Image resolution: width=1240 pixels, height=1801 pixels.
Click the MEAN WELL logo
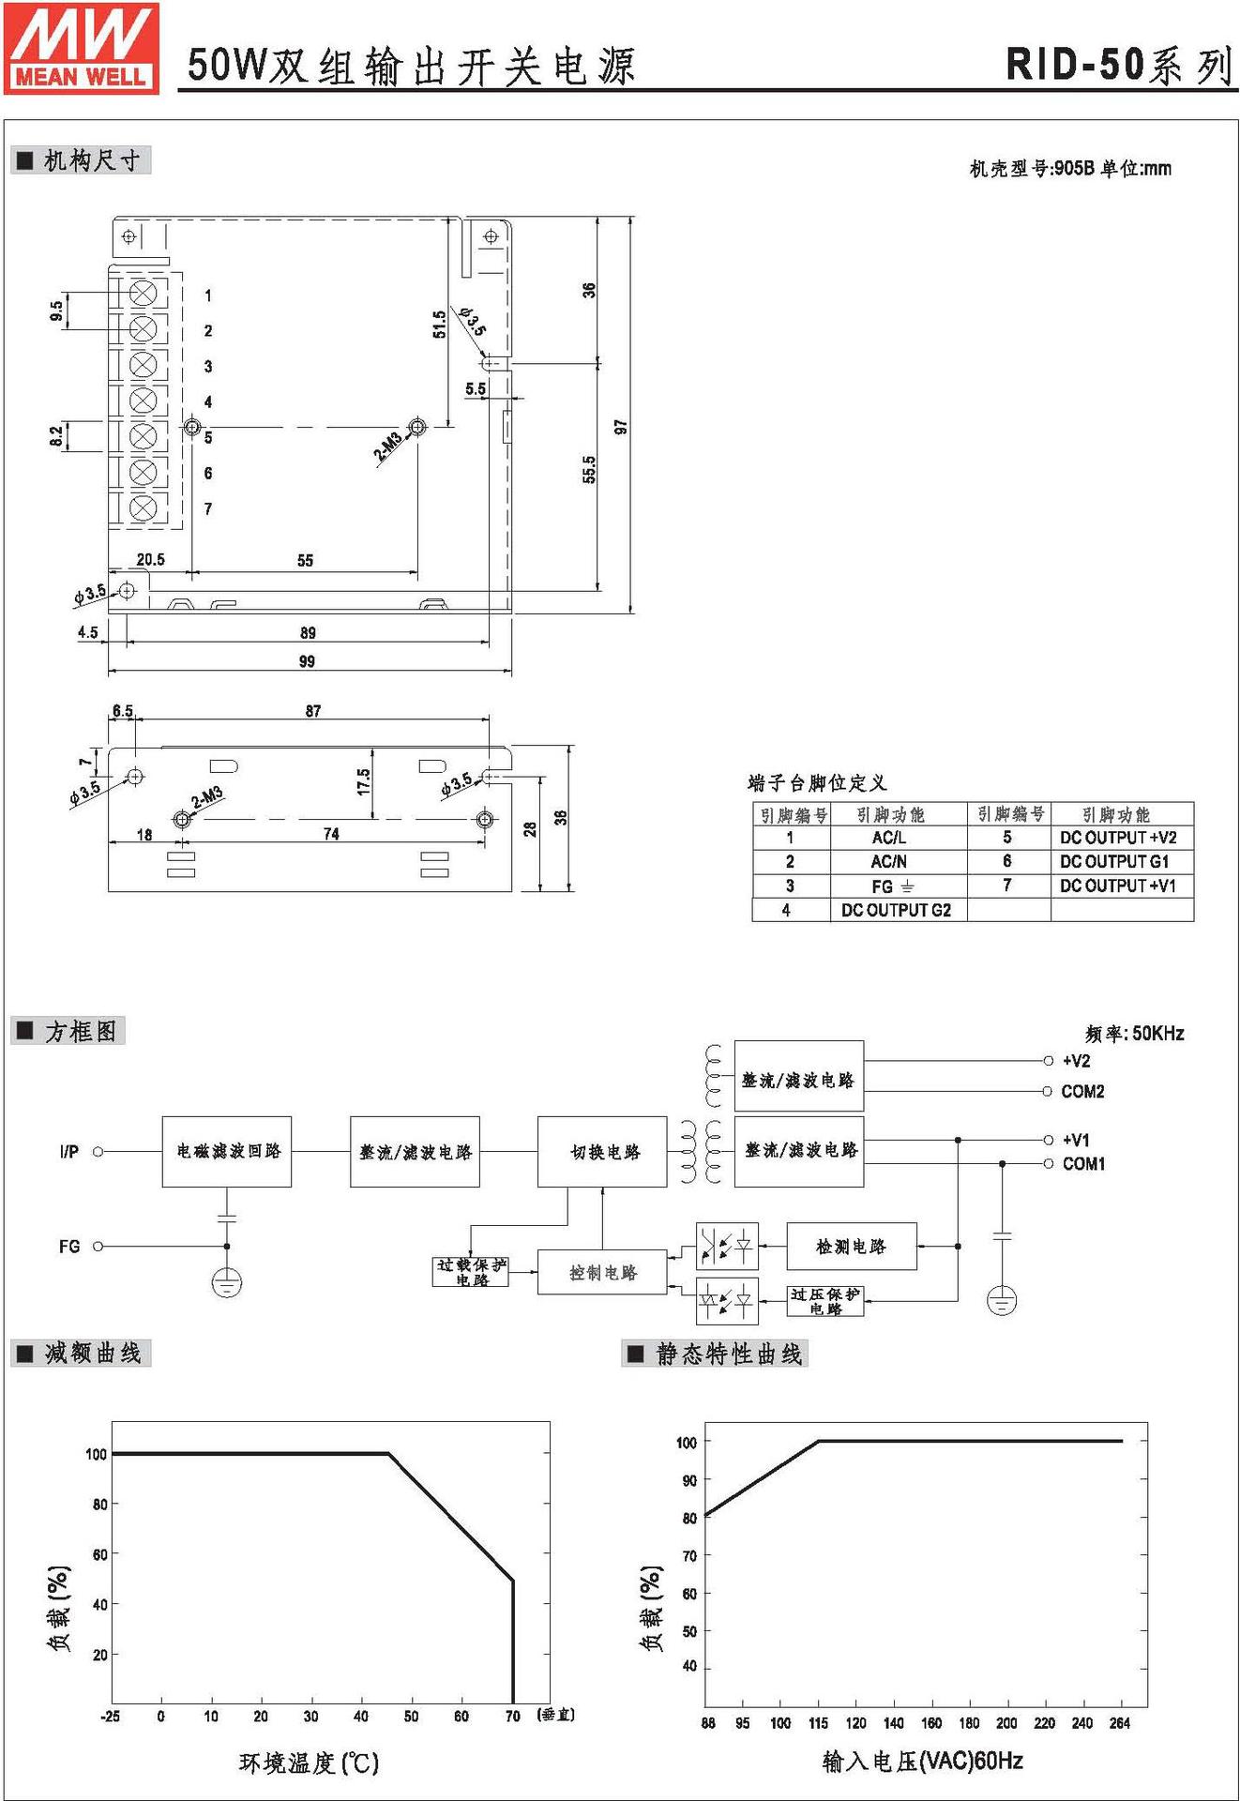click(82, 47)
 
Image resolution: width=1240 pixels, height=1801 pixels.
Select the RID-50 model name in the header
click(1075, 65)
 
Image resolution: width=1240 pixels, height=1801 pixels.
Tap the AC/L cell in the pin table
click(888, 838)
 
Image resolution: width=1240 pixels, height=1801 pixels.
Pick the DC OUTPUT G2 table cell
click(896, 910)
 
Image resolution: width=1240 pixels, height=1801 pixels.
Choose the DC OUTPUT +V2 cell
click(1118, 838)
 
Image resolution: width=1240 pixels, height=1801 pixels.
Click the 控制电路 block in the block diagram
click(602, 1273)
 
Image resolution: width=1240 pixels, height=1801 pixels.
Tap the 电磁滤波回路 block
click(228, 1151)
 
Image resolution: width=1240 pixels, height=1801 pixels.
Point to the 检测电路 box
click(851, 1247)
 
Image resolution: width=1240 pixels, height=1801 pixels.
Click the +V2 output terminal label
click(1076, 1061)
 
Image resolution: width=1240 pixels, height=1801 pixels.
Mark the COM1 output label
click(1083, 1164)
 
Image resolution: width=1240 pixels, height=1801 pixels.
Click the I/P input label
click(69, 1151)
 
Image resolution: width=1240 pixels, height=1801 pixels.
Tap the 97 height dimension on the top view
click(620, 427)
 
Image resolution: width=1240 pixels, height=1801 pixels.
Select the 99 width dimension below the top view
click(307, 661)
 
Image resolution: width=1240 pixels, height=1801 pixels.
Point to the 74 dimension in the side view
click(331, 834)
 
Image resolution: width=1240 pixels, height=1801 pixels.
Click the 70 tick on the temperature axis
click(512, 1717)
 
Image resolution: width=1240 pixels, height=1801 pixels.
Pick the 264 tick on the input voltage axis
click(1120, 1723)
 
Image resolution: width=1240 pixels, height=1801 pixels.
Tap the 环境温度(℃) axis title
click(309, 1763)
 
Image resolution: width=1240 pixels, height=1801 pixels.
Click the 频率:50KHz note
click(1134, 1034)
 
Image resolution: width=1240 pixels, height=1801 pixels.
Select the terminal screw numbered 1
click(143, 294)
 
